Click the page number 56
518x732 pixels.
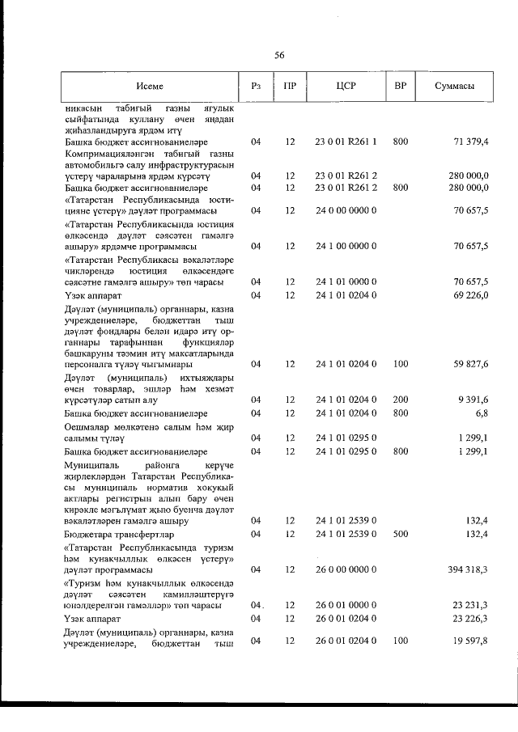[x=279, y=55]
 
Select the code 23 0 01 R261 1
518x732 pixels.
[x=346, y=142]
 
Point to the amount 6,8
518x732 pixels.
[x=482, y=413]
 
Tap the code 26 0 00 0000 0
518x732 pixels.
[x=346, y=569]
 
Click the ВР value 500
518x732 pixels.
[x=400, y=535]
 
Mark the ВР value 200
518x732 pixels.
[x=400, y=399]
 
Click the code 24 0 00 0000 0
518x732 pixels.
[x=346, y=210]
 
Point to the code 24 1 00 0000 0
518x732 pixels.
[x=346, y=245]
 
